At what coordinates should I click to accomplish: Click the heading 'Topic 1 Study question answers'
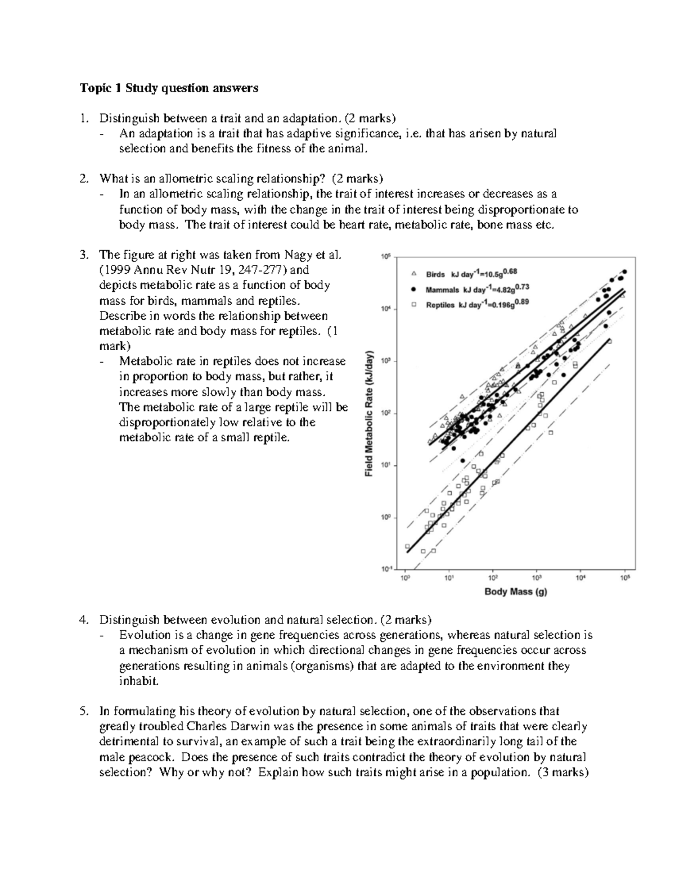coord(169,88)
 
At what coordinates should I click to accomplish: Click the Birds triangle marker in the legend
coord(413,274)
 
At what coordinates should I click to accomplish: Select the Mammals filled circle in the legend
coord(413,289)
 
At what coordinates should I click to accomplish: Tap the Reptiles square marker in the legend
coord(413,304)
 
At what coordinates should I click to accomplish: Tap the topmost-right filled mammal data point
coord(624,272)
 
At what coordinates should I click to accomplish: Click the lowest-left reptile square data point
coord(407,546)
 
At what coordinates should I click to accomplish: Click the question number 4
coord(83,620)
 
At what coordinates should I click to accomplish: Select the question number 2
coord(83,179)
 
